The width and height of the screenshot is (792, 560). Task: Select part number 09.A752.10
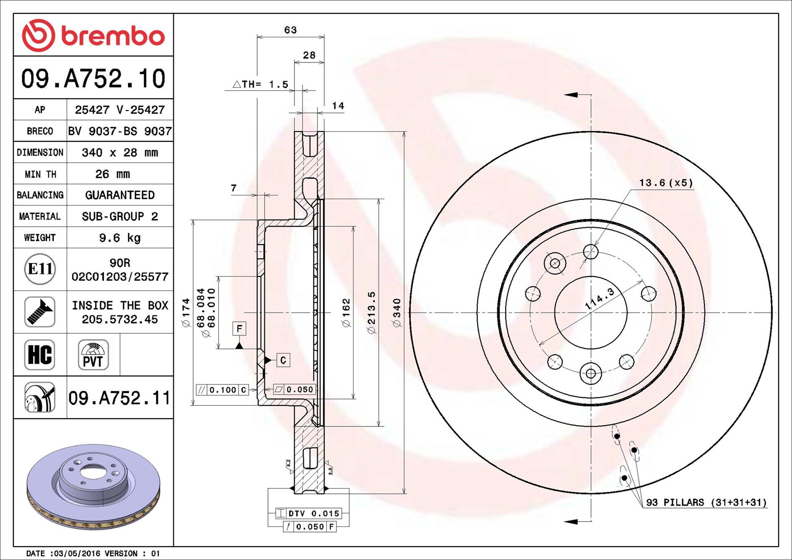(93, 79)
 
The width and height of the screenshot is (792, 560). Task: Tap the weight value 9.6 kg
(120, 238)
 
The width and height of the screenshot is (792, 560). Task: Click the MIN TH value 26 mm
(113, 174)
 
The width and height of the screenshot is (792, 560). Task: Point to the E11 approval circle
(40, 269)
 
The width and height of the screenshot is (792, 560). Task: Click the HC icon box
(40, 355)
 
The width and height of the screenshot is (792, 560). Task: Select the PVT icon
(93, 355)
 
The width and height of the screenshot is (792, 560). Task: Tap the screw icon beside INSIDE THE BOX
(40, 312)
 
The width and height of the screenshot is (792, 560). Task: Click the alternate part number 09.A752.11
(120, 398)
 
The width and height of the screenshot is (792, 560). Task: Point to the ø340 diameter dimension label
(397, 312)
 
